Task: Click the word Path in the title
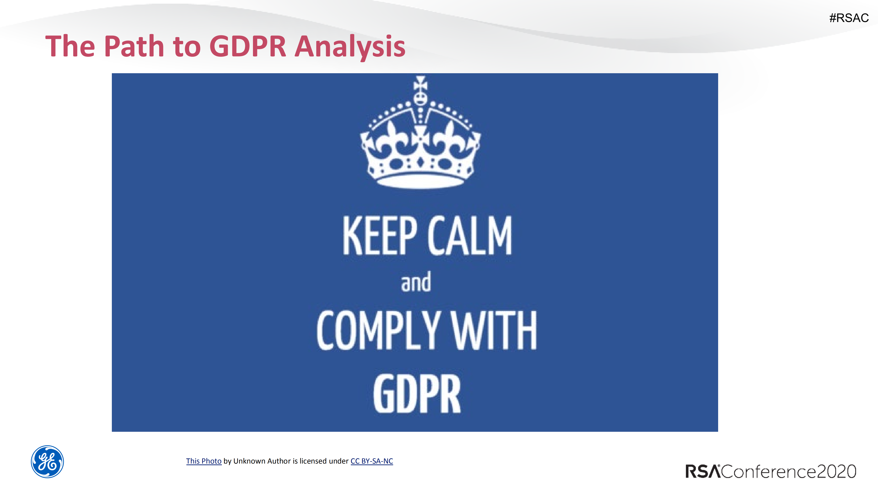pos(134,46)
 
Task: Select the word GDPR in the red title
pos(247,46)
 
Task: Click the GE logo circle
pos(47,462)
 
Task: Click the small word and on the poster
pos(416,282)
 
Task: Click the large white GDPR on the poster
pos(416,394)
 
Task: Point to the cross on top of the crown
pos(420,83)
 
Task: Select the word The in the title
pos(70,46)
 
